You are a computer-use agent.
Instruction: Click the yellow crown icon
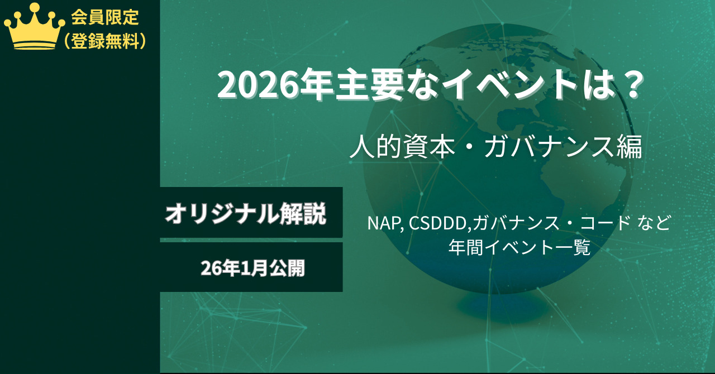point(35,27)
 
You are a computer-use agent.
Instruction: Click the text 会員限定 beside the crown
point(104,17)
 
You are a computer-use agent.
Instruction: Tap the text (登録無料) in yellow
point(105,41)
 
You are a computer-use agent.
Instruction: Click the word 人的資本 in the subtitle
point(402,146)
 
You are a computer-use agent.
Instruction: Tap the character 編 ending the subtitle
point(630,146)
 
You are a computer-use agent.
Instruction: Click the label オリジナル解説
point(245,213)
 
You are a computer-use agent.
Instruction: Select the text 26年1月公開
point(252,268)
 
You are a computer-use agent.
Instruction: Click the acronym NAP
point(383,223)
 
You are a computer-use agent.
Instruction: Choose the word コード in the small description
point(605,223)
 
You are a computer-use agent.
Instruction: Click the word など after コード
point(654,223)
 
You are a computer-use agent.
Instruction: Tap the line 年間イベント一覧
point(519,247)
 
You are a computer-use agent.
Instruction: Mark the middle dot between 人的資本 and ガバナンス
point(469,147)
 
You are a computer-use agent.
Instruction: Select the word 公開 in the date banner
point(287,268)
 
